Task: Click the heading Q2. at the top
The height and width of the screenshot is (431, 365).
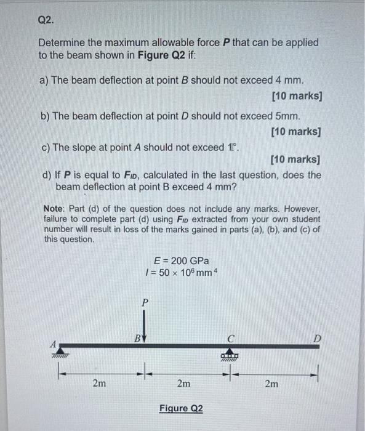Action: [46, 20]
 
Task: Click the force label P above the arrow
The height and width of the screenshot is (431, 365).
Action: [145, 303]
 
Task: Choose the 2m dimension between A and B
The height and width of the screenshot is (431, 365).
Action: [99, 384]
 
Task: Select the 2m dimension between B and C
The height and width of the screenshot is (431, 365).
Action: [183, 384]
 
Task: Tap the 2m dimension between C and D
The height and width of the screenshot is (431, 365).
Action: [271, 384]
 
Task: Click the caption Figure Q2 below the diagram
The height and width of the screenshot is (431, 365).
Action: [181, 409]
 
